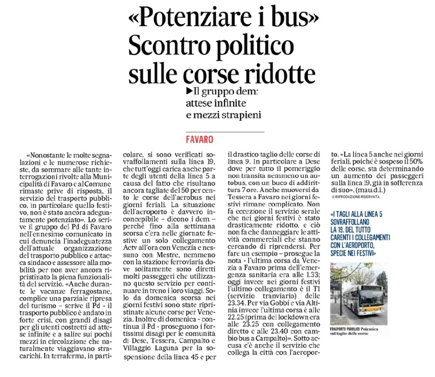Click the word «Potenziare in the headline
click(183, 19)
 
